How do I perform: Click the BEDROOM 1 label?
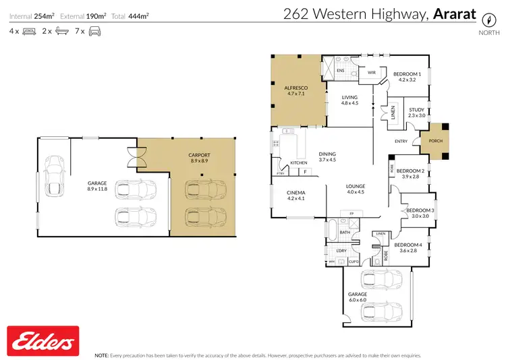click(x=407, y=75)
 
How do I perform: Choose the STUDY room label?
click(x=416, y=111)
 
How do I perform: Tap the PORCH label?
click(x=430, y=141)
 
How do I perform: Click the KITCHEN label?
click(x=299, y=163)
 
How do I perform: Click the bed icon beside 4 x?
click(x=29, y=31)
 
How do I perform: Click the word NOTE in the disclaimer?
click(x=102, y=354)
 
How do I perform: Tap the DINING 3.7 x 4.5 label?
click(x=327, y=156)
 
